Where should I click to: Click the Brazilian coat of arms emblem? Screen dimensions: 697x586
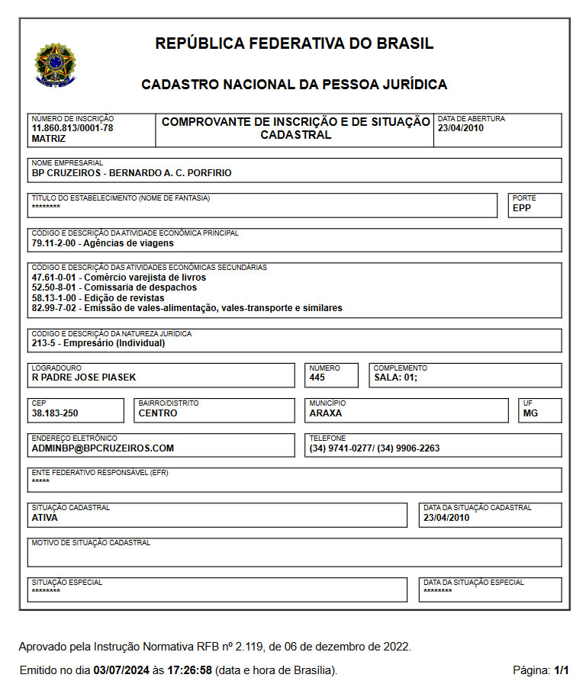(52, 63)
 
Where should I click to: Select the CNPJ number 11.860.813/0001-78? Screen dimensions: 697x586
(72, 128)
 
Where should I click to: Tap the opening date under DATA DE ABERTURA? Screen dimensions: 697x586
(461, 128)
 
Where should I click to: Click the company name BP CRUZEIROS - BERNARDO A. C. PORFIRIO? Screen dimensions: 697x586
(131, 173)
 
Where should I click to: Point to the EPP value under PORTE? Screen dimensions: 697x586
(522, 207)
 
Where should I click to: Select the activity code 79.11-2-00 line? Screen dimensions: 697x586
(102, 243)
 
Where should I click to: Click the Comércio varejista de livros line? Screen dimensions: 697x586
(119, 278)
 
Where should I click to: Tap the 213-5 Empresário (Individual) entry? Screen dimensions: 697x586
(98, 343)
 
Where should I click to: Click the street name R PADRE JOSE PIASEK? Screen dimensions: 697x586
(84, 377)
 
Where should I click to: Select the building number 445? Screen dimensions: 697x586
(317, 377)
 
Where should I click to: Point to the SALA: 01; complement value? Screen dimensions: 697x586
(395, 377)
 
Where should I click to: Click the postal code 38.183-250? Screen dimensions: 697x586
(56, 413)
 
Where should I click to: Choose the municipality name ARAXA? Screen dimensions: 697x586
(326, 413)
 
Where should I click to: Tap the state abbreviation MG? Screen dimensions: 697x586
(530, 413)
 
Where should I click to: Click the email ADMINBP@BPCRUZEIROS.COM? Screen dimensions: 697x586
(103, 448)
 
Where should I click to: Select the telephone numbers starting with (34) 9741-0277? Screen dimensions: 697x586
(375, 448)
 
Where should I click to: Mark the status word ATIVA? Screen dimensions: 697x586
(44, 518)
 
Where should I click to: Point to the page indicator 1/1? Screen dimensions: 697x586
(562, 671)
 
